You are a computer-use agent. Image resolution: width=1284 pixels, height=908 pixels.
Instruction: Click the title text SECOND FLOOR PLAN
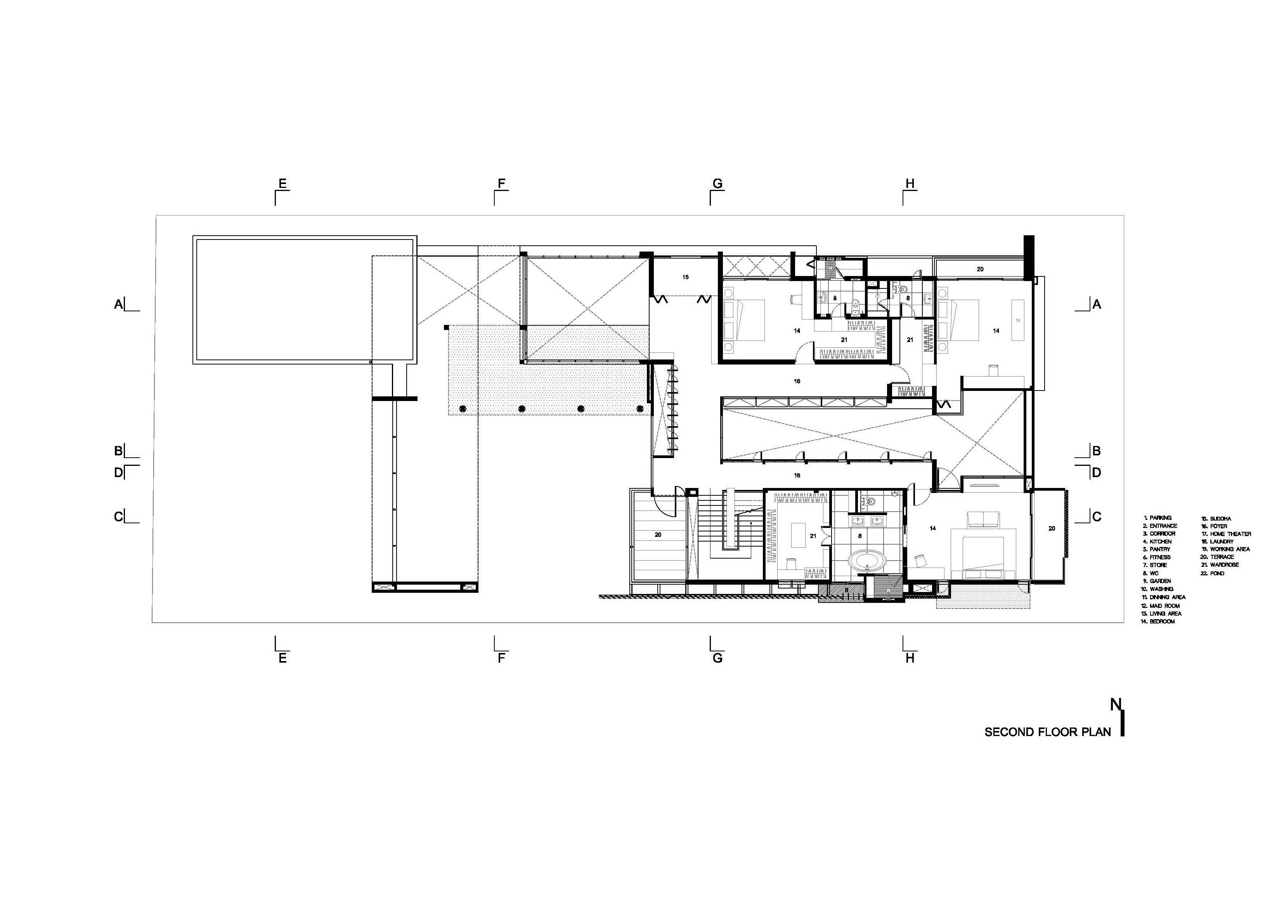(x=1047, y=732)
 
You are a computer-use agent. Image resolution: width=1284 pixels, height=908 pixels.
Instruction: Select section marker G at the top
(x=717, y=184)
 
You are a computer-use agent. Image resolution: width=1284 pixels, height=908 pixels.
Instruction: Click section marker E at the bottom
(x=282, y=658)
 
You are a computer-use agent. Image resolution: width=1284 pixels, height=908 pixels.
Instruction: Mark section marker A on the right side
(x=1097, y=304)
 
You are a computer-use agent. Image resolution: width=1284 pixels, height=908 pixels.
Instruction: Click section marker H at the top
(x=910, y=184)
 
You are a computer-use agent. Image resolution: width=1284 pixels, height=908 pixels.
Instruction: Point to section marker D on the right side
(x=1097, y=473)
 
